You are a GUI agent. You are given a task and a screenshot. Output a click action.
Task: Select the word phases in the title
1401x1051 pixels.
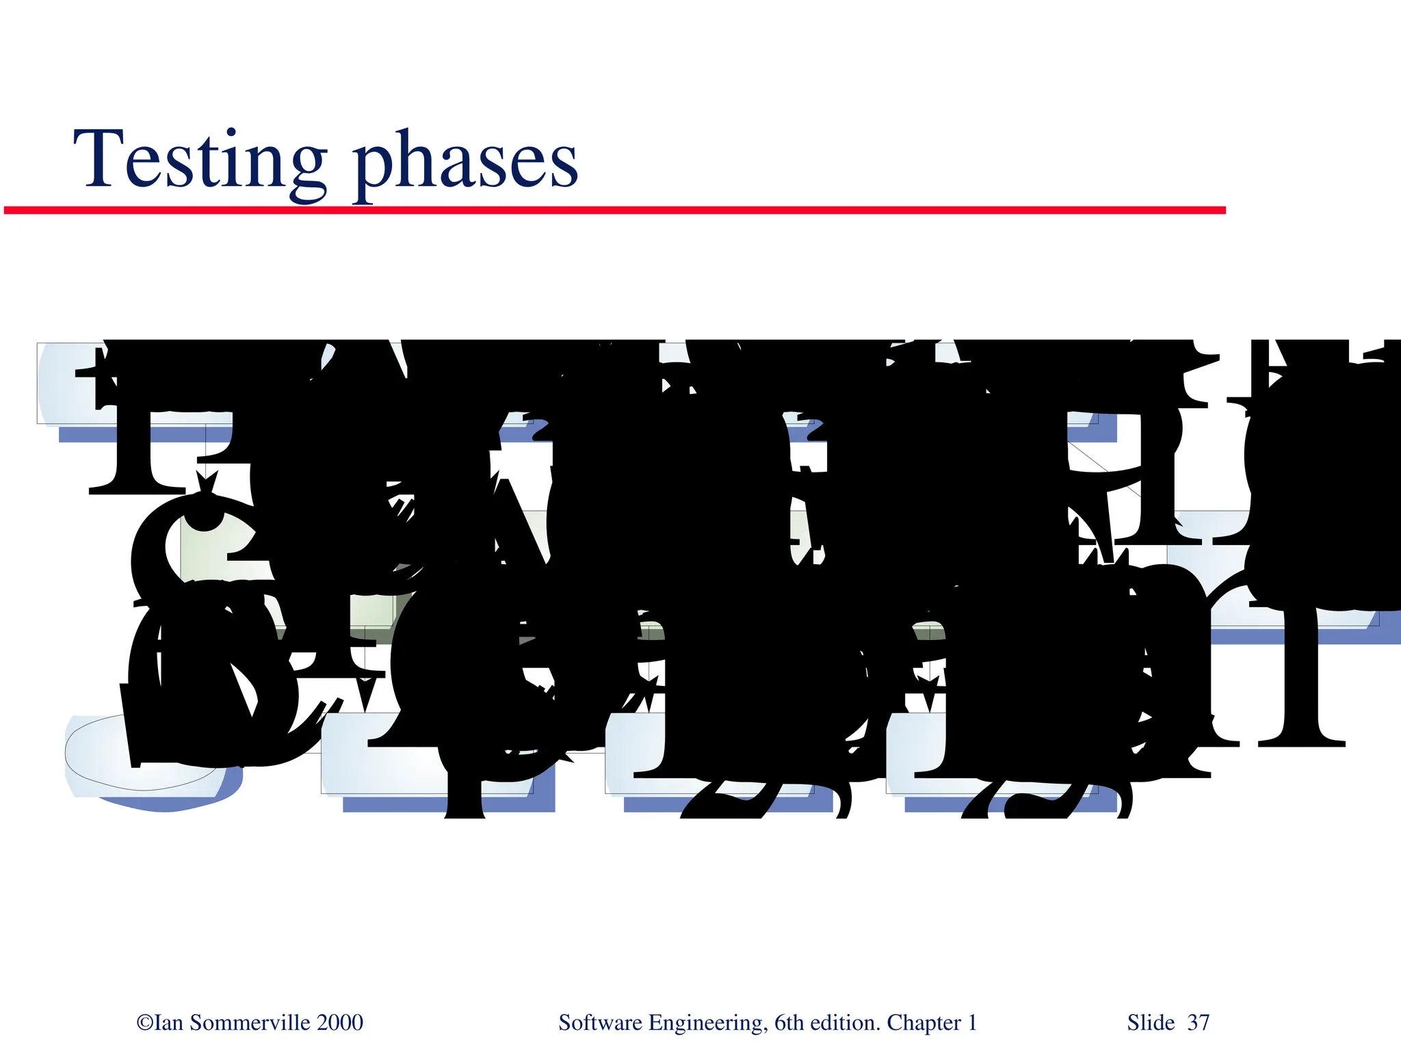(465, 164)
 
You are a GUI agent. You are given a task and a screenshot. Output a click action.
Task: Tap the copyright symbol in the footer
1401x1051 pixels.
(145, 1023)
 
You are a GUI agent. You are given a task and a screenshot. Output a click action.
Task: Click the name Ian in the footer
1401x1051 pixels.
(169, 1023)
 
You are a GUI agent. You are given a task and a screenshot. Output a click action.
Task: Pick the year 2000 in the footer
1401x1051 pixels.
(340, 1023)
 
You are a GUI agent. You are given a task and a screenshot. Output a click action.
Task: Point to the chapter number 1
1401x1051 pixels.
(972, 1023)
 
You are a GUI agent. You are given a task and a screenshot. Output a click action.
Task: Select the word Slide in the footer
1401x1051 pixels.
(1151, 1023)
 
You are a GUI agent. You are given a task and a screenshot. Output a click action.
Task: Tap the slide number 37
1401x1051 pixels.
(1198, 1023)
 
